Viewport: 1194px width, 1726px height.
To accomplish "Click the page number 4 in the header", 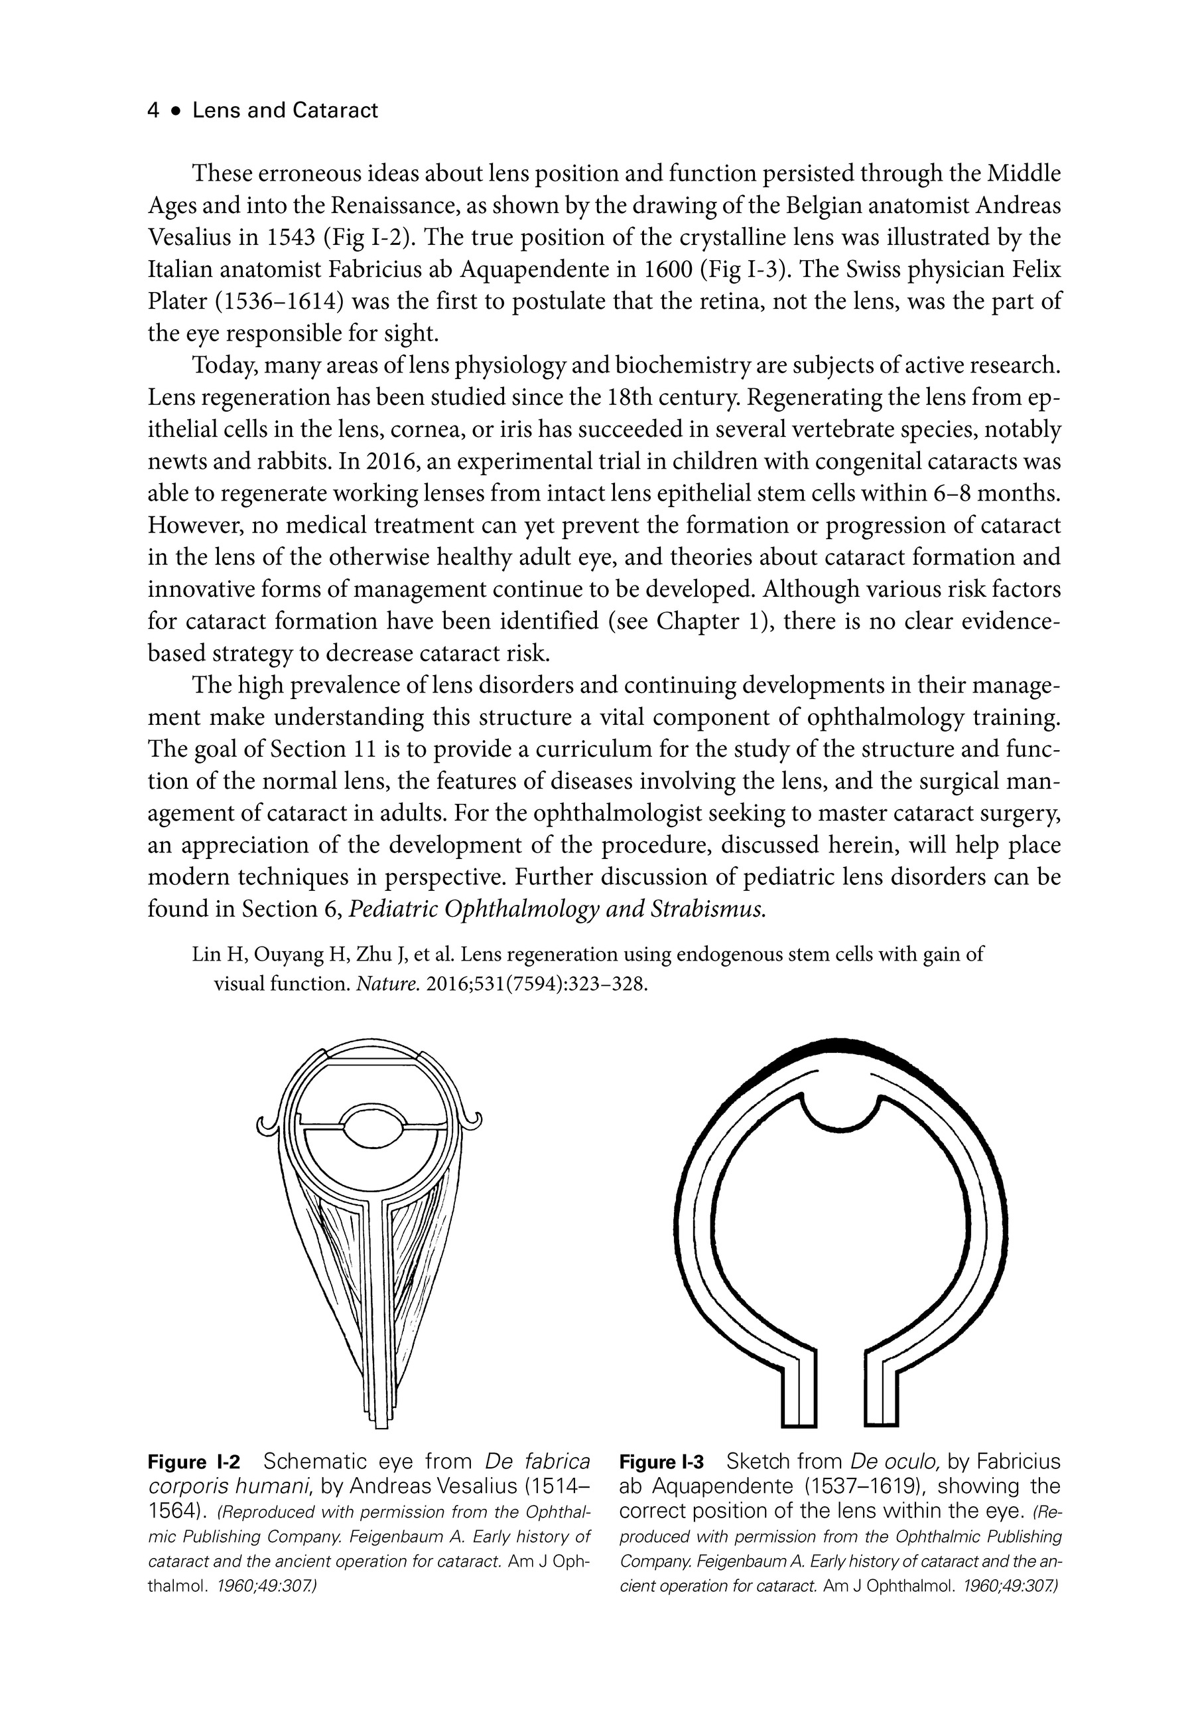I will click(x=153, y=111).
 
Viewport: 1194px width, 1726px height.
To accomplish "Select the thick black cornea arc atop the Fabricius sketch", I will click(x=841, y=1047).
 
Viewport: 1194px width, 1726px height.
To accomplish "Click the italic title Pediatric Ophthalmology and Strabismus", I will click(x=557, y=909).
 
